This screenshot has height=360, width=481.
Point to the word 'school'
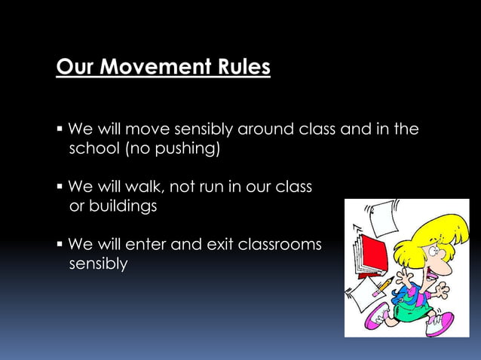point(93,148)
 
